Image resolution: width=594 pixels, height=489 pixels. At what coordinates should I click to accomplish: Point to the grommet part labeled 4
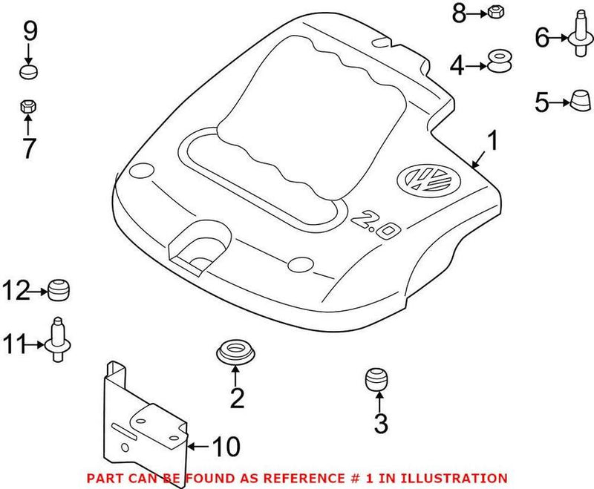[500, 62]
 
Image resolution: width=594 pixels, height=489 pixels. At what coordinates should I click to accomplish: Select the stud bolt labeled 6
[578, 36]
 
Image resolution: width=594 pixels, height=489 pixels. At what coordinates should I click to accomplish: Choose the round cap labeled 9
[28, 71]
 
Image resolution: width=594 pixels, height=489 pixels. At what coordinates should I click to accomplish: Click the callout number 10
[226, 447]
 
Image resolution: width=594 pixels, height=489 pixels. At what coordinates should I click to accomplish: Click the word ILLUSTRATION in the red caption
[461, 478]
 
